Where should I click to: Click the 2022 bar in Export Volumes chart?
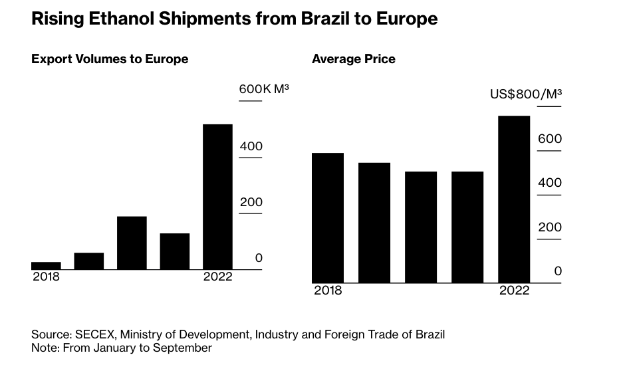217,197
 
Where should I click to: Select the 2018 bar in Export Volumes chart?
46,265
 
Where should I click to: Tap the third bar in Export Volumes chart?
132,243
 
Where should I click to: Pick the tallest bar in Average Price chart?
514,199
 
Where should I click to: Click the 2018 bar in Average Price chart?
328,218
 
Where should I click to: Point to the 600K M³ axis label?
263,89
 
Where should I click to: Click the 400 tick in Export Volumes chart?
251,146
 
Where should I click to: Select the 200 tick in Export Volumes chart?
251,202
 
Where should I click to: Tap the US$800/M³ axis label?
525,94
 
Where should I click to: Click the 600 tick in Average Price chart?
549,139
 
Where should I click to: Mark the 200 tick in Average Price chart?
549,227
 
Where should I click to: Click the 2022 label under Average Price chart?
514,291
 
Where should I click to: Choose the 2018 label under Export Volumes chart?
46,277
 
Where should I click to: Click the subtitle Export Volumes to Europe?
110,59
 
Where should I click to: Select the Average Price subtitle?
354,59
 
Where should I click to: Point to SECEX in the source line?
90,334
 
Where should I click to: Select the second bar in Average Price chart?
374,223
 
